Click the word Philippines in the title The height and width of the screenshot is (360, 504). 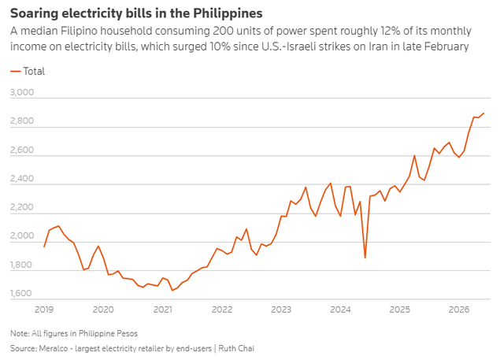pos(228,13)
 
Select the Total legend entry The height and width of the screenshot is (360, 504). pos(28,71)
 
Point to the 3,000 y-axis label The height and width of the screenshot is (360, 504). pos(22,92)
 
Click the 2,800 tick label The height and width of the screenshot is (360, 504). pos(22,121)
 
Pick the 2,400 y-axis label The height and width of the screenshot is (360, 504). pos(22,178)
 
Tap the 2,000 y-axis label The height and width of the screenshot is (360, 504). pos(22,236)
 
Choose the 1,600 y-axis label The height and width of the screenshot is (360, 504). pos(21,294)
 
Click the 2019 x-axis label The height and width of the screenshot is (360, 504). pos(44,310)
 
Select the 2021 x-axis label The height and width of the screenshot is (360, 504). pos(163,310)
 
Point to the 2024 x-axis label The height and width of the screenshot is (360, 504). pos(340,310)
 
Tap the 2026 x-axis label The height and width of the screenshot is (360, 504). pos(459,310)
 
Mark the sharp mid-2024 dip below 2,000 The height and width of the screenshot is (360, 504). pos(365,258)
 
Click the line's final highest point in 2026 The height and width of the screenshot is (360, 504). pos(484,113)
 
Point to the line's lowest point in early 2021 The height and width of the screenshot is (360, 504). pos(172,290)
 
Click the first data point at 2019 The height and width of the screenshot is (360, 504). pos(44,247)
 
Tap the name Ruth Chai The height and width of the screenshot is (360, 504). pos(236,348)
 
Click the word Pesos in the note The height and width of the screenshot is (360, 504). pos(128,334)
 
